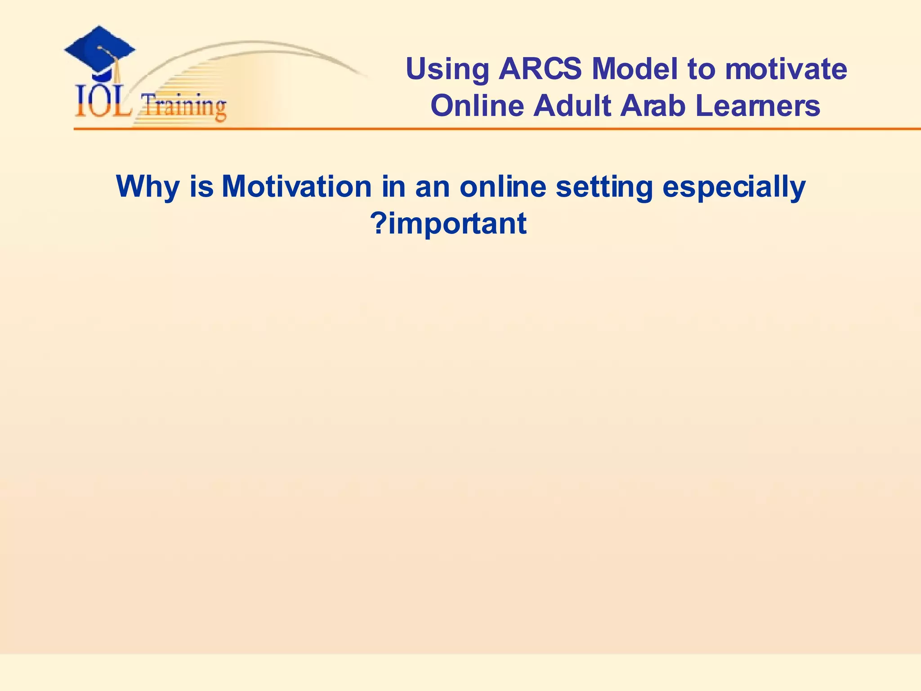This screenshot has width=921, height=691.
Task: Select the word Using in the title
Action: (x=447, y=70)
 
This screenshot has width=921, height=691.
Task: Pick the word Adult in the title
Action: (x=572, y=106)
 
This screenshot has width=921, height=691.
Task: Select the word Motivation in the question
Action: (x=297, y=186)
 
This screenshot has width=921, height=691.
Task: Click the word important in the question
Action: (x=457, y=224)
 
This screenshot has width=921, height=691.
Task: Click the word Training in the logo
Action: (x=184, y=107)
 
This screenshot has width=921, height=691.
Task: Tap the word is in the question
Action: (x=201, y=186)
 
